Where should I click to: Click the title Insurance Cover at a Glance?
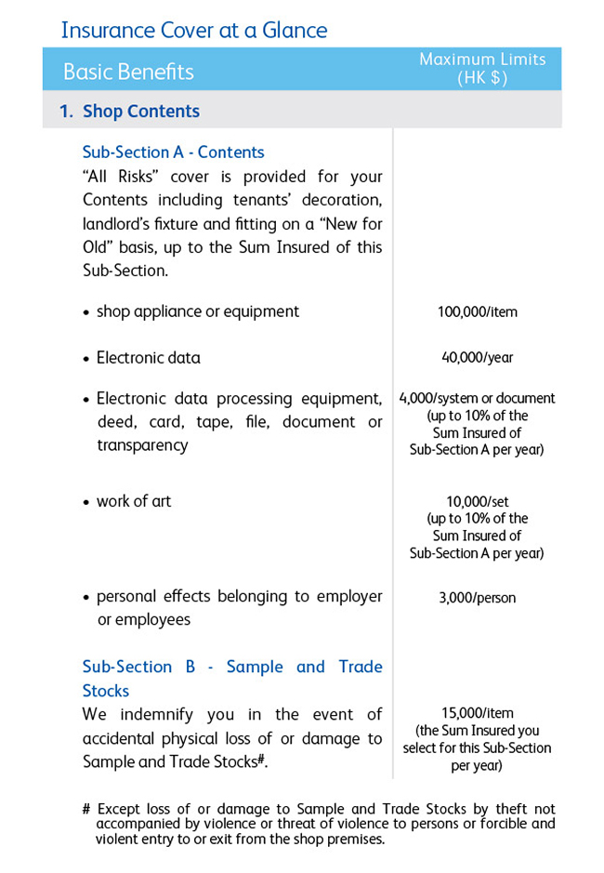tap(193, 30)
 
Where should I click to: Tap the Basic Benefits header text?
tap(128, 72)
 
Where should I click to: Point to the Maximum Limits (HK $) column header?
tap(482, 69)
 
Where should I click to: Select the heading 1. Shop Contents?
tap(129, 112)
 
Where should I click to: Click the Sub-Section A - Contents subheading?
tap(173, 152)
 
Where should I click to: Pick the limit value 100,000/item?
tap(477, 312)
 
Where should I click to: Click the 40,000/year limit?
tap(477, 358)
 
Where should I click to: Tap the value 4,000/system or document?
tap(477, 399)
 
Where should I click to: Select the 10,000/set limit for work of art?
tap(477, 502)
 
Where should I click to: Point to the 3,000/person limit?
tap(477, 598)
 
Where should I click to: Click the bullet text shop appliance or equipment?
tap(197, 311)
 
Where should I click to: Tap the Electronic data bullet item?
tap(148, 358)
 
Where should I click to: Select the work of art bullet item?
tap(134, 501)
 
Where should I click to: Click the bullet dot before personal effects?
tap(86, 597)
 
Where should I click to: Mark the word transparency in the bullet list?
tap(142, 445)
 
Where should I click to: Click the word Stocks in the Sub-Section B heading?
tap(106, 691)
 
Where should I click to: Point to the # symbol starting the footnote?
tap(86, 810)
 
